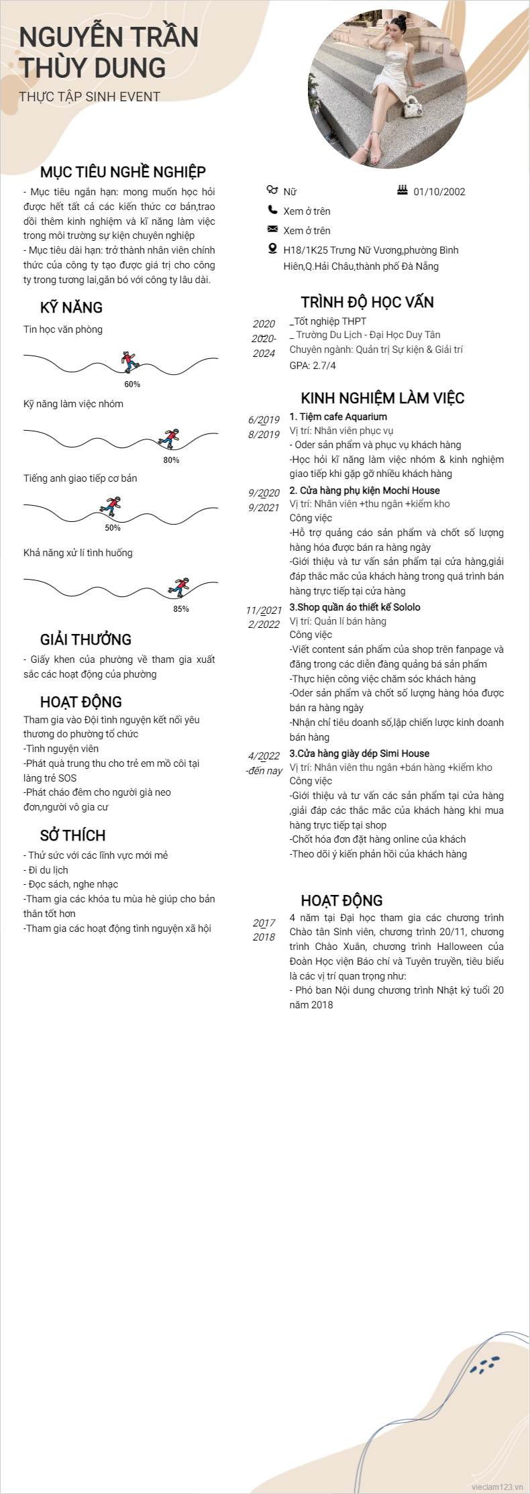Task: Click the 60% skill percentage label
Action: tap(132, 384)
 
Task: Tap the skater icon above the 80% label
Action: tap(170, 437)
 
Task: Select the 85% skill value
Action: tap(181, 609)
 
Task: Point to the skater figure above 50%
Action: tap(111, 505)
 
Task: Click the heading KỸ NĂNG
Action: tap(71, 308)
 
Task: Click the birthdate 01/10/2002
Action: tap(439, 192)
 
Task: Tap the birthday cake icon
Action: tap(403, 191)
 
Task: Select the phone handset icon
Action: tap(272, 210)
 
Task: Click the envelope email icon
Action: tap(272, 229)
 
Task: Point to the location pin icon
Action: tap(272, 249)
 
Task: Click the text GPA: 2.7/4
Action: tap(313, 366)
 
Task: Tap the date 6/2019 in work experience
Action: tap(264, 420)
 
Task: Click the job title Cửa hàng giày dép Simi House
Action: tap(359, 753)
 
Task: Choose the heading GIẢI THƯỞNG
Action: tap(86, 640)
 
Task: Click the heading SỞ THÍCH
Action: tap(72, 836)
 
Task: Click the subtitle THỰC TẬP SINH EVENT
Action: tap(90, 97)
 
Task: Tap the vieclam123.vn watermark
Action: tap(496, 1487)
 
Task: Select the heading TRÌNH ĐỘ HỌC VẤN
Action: tap(367, 303)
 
